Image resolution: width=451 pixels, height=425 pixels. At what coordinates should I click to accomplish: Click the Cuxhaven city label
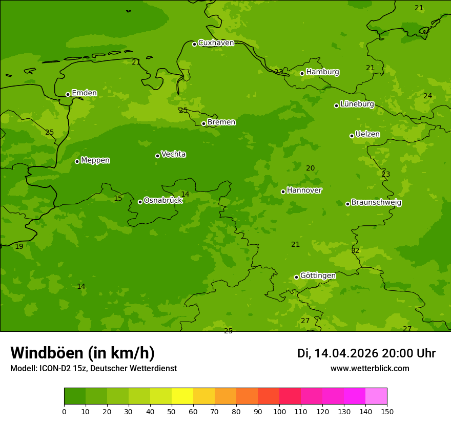(216, 43)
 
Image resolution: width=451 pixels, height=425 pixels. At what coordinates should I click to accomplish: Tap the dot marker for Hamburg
(302, 73)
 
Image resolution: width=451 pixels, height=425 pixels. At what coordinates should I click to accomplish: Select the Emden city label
(84, 93)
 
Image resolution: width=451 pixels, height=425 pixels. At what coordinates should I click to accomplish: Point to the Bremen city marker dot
(203, 123)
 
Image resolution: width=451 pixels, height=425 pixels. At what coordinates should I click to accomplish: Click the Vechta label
(173, 154)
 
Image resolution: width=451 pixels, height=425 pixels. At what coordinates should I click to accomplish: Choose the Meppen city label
(95, 160)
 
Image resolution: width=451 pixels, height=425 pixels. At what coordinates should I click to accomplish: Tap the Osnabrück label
(163, 200)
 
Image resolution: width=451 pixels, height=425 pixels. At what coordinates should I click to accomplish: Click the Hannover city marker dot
(283, 192)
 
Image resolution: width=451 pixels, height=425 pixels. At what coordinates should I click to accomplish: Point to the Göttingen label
(318, 275)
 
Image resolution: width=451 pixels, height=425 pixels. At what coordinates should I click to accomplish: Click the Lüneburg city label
(357, 104)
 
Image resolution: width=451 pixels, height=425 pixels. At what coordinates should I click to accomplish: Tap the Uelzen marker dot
(352, 136)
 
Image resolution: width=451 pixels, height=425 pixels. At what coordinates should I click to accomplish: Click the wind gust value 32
(355, 251)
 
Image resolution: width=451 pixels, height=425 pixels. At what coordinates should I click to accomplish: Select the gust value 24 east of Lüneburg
(427, 96)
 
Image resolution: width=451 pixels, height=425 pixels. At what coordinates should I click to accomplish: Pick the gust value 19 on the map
(19, 247)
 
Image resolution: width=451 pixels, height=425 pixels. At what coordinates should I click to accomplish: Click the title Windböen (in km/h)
(83, 353)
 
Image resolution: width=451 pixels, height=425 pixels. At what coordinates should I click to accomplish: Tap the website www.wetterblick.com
(370, 369)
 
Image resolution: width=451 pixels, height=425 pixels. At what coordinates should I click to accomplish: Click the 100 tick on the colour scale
(279, 411)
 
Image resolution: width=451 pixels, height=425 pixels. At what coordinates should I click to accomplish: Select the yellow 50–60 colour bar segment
(182, 396)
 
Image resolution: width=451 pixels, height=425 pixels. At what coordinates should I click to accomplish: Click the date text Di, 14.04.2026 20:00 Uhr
(366, 353)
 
